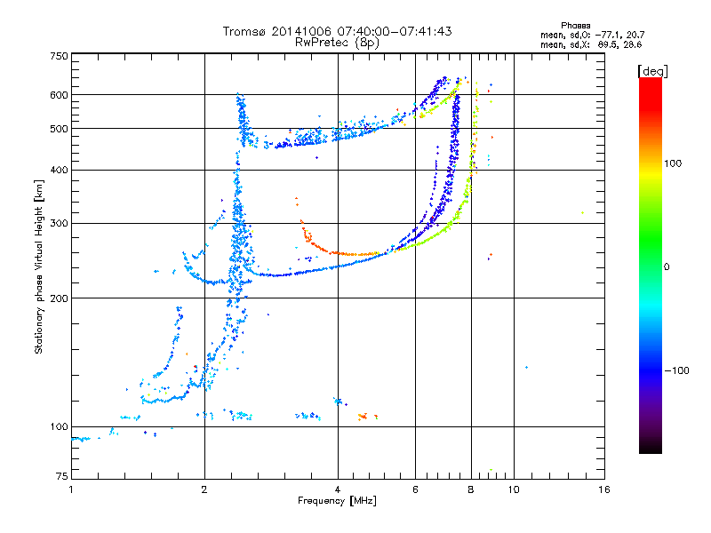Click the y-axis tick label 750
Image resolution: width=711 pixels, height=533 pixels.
[x=60, y=56]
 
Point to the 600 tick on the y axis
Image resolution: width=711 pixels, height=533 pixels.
[x=60, y=95]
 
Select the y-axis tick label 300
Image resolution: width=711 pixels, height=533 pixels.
[x=60, y=224]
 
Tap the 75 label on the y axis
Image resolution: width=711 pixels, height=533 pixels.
[x=62, y=476]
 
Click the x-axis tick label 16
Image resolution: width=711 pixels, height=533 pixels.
[x=604, y=489]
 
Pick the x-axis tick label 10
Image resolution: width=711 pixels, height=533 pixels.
[x=514, y=489]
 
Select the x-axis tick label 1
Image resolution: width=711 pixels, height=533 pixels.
[x=71, y=489]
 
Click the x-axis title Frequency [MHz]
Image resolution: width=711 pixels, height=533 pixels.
[x=337, y=501]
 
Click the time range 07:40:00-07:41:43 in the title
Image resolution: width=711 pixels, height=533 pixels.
[x=395, y=31]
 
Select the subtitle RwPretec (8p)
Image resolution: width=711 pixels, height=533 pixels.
[x=337, y=43]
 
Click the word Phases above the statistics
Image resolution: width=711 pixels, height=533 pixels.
[x=575, y=26]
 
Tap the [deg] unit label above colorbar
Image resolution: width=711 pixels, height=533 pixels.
[x=652, y=72]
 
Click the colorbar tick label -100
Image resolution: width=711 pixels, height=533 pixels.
[x=676, y=370]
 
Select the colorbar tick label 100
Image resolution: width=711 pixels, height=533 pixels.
[x=673, y=163]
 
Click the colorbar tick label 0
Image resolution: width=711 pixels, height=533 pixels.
[x=667, y=267]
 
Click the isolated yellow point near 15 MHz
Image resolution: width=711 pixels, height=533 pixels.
[x=582, y=212]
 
